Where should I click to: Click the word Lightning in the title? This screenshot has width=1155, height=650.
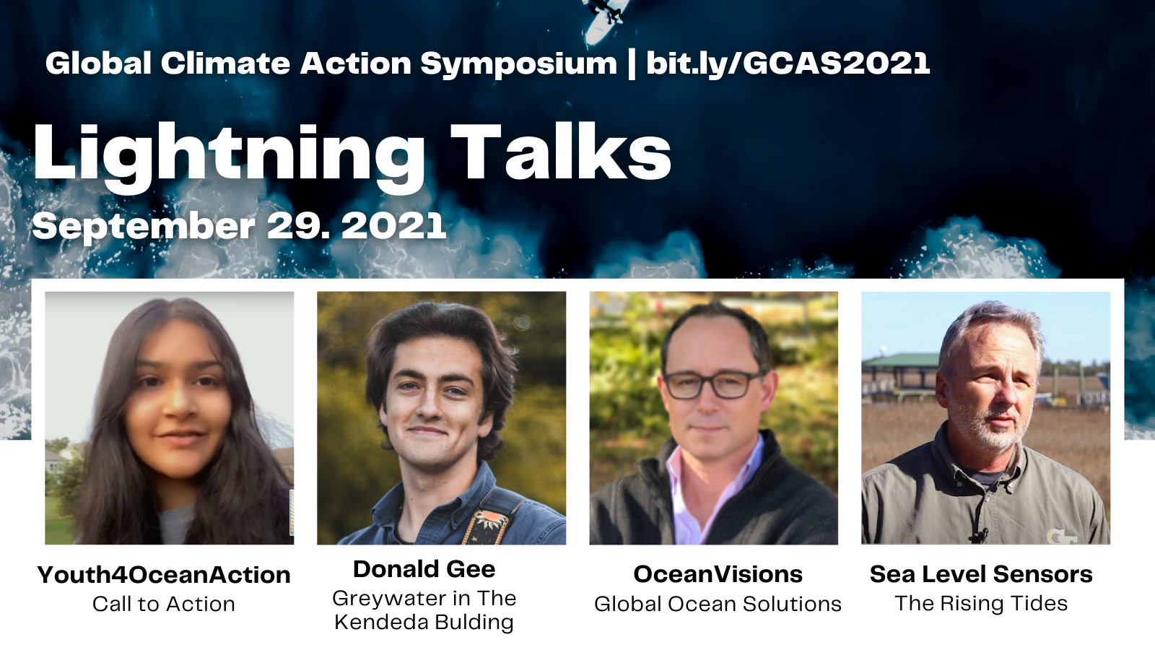click(x=229, y=158)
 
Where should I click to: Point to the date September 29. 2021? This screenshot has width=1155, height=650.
click(x=239, y=227)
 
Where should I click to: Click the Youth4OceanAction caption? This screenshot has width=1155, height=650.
click(x=164, y=575)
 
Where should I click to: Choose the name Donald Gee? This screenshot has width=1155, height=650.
click(x=424, y=569)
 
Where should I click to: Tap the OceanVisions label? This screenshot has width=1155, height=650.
click(x=718, y=574)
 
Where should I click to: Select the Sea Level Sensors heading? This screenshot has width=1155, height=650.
click(x=981, y=574)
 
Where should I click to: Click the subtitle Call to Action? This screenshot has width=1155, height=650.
click(x=164, y=604)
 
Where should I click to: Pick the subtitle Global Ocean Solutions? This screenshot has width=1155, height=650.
click(x=718, y=604)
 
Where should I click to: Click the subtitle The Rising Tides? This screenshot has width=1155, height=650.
click(x=981, y=604)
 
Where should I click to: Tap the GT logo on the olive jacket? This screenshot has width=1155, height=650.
click(x=1062, y=536)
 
